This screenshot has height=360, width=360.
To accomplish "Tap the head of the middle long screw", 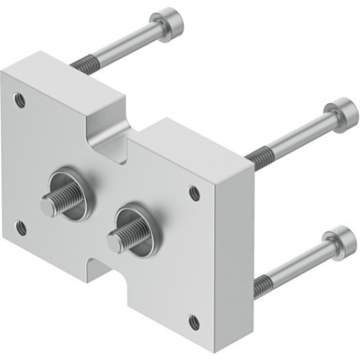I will pos(341,115).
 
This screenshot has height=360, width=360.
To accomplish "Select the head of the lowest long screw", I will pos(339,243).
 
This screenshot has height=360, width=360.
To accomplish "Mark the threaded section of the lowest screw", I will pos(263,286).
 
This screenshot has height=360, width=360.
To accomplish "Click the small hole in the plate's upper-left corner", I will pos(20,100).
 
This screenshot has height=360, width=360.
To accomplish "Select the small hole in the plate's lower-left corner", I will pos(22,228).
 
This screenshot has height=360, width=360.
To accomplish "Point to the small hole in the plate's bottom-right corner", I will pos(194,322).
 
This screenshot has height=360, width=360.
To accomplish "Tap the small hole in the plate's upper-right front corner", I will pos(194,193).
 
